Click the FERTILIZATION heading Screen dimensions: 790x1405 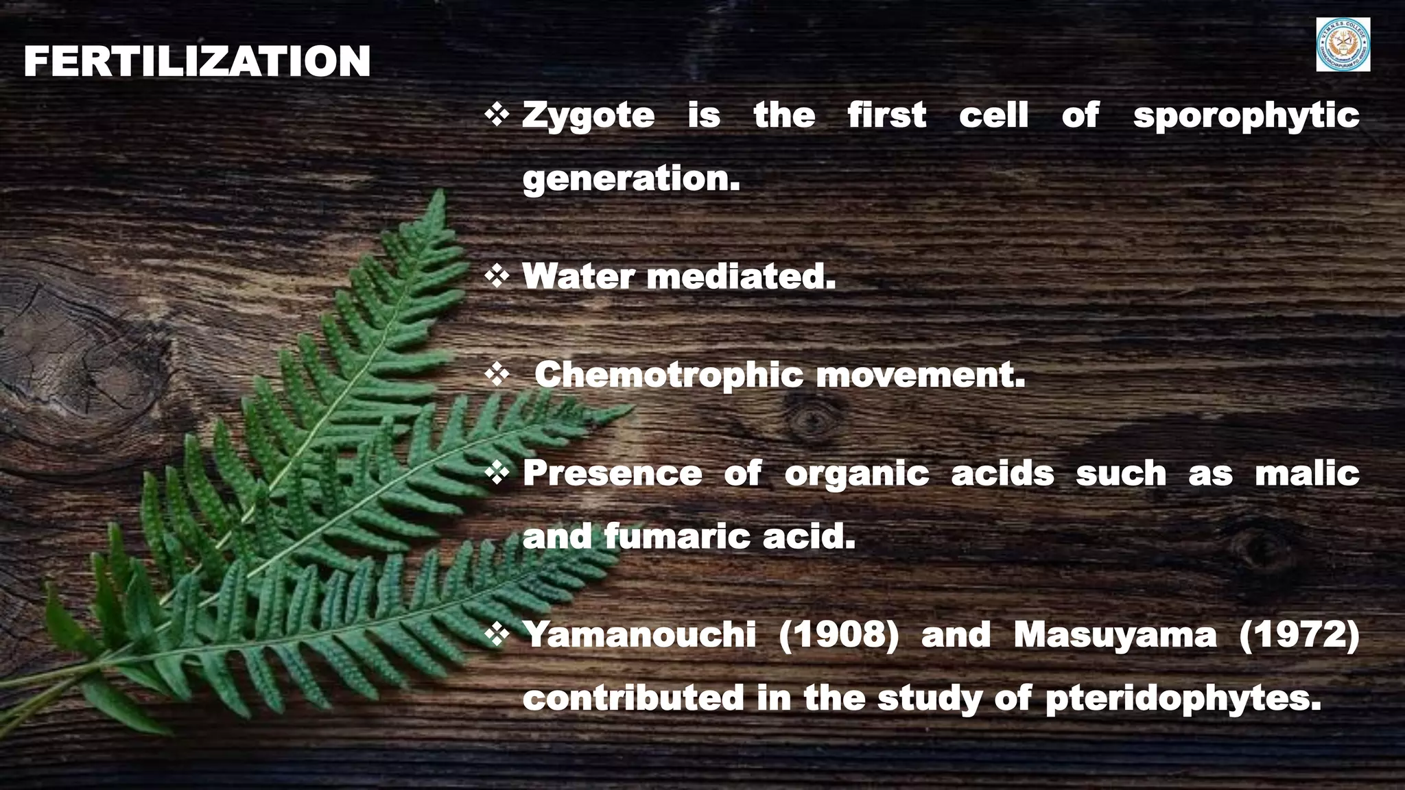click(x=197, y=62)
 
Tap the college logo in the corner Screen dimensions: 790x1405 click(x=1343, y=45)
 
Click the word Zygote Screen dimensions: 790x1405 click(x=588, y=115)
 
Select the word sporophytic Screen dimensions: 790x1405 click(x=1246, y=115)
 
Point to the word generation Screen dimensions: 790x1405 click(x=631, y=179)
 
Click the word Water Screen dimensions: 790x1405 click(x=578, y=277)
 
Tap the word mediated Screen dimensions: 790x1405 click(x=741, y=277)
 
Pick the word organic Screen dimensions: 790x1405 click(x=856, y=474)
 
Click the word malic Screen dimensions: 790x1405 click(x=1307, y=474)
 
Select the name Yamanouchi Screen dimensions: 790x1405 click(x=639, y=635)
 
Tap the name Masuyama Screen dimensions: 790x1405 click(x=1115, y=635)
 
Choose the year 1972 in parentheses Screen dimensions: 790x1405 click(x=1299, y=635)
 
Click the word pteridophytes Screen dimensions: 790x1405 click(x=1183, y=698)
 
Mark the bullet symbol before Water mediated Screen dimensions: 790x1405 click(x=496, y=276)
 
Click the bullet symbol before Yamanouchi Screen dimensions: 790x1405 click(x=496, y=635)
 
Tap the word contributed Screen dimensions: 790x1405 click(x=633, y=698)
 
